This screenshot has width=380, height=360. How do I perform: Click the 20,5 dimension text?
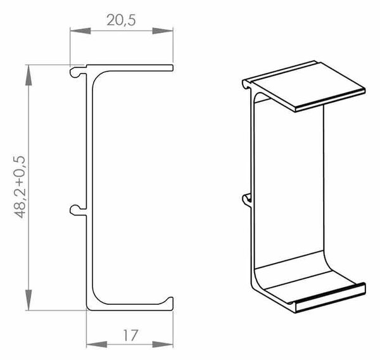pyautogui.click(x=121, y=20)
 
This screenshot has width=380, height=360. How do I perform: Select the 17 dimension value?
pyautogui.click(x=130, y=335)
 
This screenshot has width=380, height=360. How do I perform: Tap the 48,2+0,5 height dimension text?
pyautogui.click(x=19, y=187)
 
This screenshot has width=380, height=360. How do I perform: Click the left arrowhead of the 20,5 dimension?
pyautogui.click(x=80, y=31)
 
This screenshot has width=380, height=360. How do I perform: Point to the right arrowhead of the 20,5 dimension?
pyautogui.click(x=163, y=31)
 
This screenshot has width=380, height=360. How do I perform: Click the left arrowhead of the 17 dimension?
pyautogui.click(x=97, y=344)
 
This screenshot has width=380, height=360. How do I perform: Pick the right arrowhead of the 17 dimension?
pyautogui.click(x=163, y=344)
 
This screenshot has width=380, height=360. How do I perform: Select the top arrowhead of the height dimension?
pyautogui.click(x=28, y=75)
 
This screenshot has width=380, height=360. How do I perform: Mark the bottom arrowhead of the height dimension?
pyautogui.click(x=28, y=300)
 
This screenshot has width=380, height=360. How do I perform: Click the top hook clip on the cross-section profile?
pyautogui.click(x=77, y=72)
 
